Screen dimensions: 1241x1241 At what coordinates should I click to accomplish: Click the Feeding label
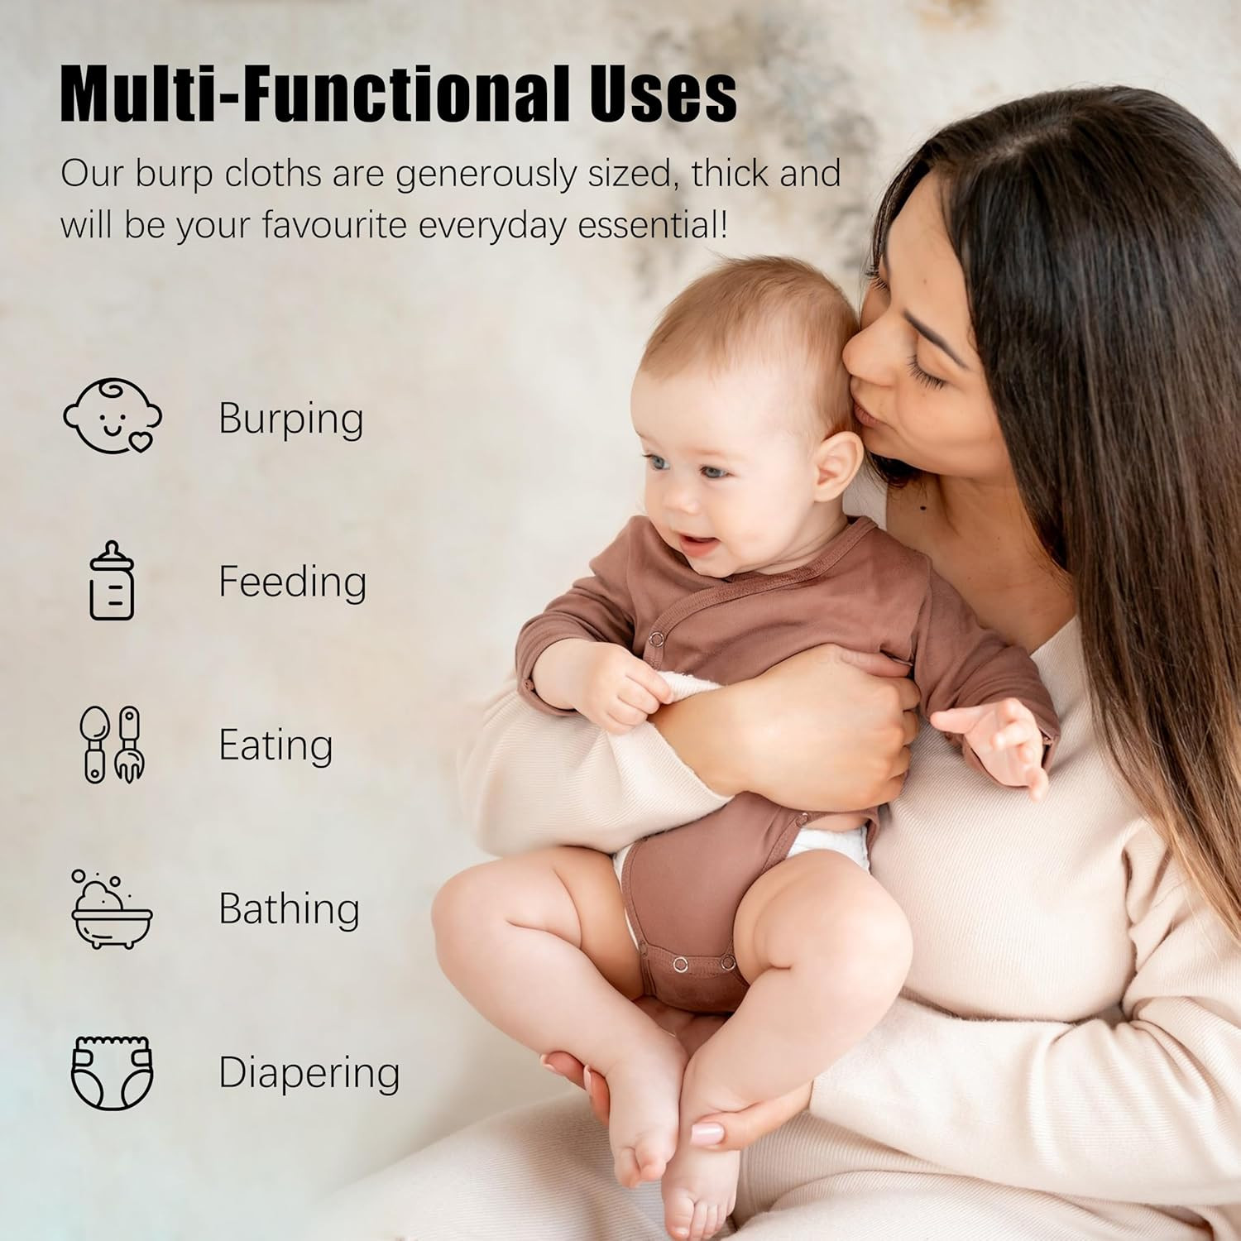[293, 582]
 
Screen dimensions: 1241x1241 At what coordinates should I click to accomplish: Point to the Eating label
[276, 745]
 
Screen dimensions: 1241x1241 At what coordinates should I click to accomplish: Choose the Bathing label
[290, 908]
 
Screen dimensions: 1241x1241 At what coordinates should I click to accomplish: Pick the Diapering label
[309, 1073]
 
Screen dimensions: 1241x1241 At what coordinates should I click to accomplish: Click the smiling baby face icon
[113, 416]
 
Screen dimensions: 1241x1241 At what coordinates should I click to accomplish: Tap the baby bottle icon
[112, 580]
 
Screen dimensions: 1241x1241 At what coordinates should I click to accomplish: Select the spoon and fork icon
[113, 745]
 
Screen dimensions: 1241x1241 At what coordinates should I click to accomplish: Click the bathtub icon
[112, 908]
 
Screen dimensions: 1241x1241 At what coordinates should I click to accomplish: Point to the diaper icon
[113, 1072]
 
